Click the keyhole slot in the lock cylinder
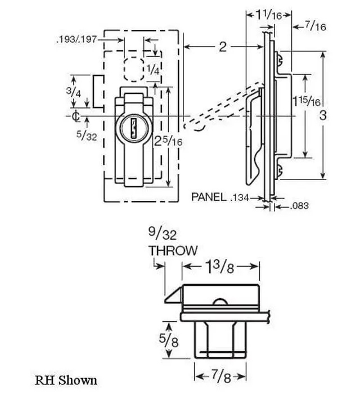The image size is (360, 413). [x=134, y=129]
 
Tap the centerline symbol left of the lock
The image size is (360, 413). [x=76, y=116]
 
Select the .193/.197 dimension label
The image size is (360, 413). [x=76, y=40]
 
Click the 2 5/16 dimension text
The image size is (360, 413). [x=168, y=141]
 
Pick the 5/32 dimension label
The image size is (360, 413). [x=87, y=135]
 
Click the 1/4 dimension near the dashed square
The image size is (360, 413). [x=153, y=69]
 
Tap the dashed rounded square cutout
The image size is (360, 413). [x=134, y=69]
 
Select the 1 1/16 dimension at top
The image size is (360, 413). [x=269, y=15]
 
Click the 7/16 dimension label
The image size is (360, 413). [x=316, y=26]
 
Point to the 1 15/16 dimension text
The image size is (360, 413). [x=307, y=101]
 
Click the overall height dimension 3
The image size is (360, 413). [x=323, y=115]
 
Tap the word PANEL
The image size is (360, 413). [x=209, y=197]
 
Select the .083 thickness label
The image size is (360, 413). [x=299, y=206]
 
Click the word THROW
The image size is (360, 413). [x=173, y=250]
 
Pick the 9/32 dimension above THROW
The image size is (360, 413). [x=162, y=234]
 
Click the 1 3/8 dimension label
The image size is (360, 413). [x=219, y=268]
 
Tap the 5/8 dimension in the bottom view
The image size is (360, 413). [x=169, y=341]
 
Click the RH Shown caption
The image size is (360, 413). [x=66, y=380]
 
